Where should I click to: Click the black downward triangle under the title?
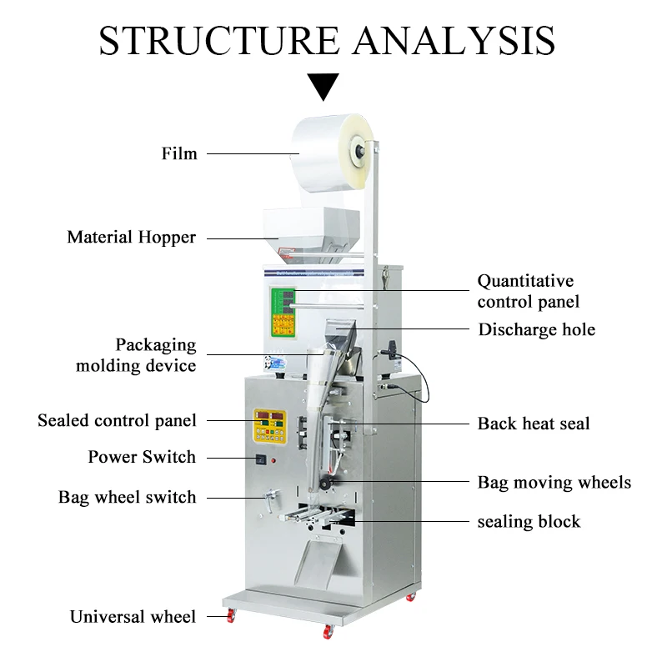(323, 86)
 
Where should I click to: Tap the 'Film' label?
(179, 153)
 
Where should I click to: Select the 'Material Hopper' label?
(132, 238)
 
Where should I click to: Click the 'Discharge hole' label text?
(536, 329)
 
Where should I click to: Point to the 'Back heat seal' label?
(534, 424)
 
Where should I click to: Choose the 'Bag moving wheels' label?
(554, 483)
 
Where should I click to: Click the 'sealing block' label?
(529, 522)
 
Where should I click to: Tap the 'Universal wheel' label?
(133, 617)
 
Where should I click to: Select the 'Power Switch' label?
(142, 457)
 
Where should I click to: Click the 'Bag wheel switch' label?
(128, 498)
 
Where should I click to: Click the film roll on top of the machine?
(329, 151)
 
